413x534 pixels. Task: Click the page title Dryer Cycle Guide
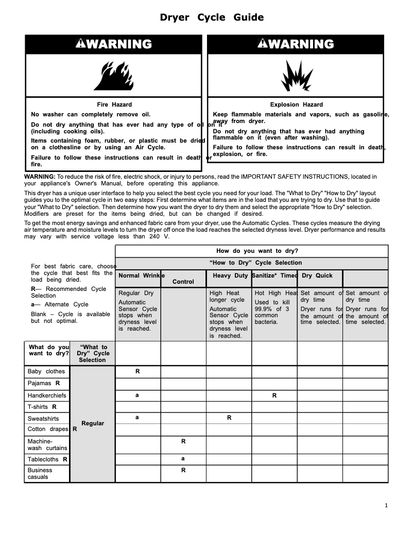click(212, 18)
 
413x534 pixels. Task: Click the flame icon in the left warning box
click(114, 75)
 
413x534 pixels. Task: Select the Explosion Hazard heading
click(297, 105)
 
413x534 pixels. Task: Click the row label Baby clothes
click(46, 371)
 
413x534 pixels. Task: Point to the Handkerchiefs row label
click(47, 395)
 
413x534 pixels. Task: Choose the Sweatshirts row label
click(43, 419)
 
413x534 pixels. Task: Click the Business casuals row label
click(40, 473)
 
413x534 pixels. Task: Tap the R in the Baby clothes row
click(137, 371)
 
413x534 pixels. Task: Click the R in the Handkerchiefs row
click(274, 395)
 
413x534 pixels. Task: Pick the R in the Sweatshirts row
click(229, 418)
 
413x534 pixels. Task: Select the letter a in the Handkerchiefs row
click(137, 395)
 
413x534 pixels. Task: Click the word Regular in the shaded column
click(93, 423)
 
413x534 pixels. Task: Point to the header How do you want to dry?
click(257, 251)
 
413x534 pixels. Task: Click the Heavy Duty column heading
click(230, 275)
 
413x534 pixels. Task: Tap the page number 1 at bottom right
click(386, 505)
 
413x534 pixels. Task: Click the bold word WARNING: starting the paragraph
click(40, 177)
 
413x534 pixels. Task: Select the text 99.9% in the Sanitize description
click(264, 309)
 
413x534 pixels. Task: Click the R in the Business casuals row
click(183, 470)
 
